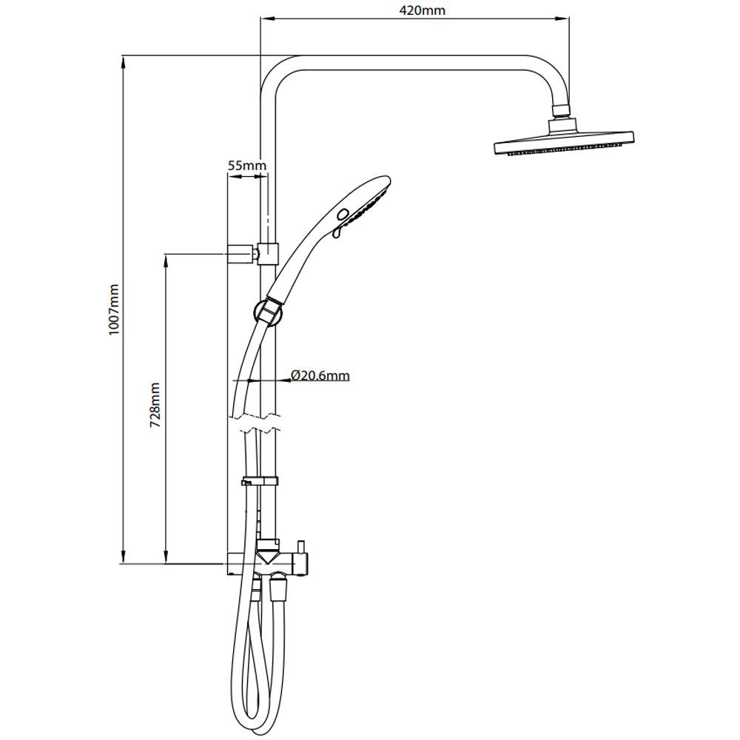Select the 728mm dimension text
(155, 406)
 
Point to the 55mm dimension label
(246, 166)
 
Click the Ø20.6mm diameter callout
(320, 376)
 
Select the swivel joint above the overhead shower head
(562, 112)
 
